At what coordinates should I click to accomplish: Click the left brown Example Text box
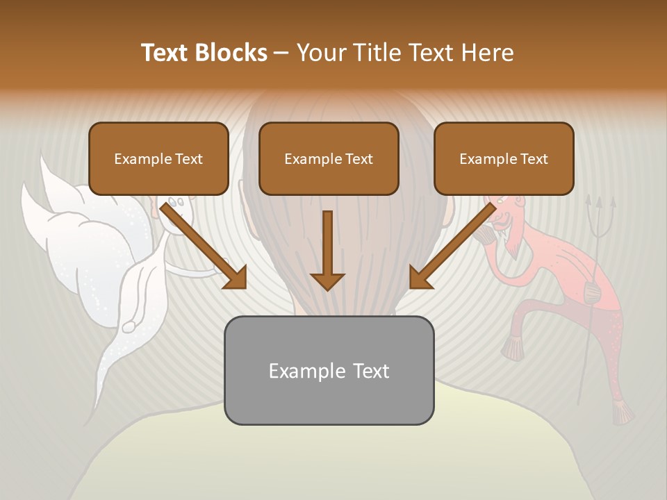[x=158, y=158]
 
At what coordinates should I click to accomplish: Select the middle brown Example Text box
[x=329, y=158]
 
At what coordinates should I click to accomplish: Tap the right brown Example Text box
[x=504, y=158]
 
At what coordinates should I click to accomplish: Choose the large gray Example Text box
[x=329, y=370]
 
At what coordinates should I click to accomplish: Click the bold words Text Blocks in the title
[x=204, y=53]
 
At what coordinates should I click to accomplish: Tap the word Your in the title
[x=320, y=53]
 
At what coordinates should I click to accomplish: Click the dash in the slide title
[x=281, y=53]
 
